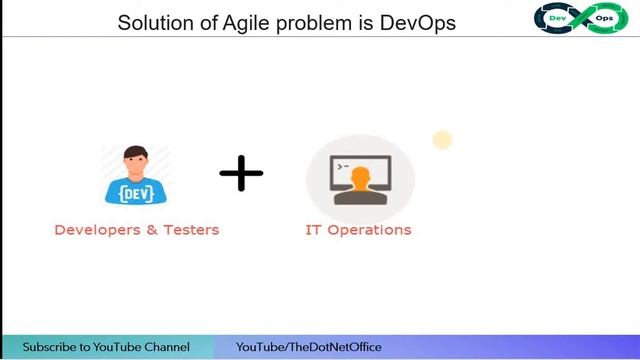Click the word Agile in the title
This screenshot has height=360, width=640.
point(236,22)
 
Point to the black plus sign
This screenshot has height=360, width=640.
point(241,174)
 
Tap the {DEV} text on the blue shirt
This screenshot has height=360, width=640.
point(136,189)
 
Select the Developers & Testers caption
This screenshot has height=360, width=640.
point(136,230)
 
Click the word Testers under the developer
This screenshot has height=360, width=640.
point(191,230)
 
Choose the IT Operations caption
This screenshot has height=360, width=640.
point(358,230)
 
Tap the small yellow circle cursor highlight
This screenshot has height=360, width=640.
point(442,140)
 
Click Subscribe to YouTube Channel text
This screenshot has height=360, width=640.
point(106,347)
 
